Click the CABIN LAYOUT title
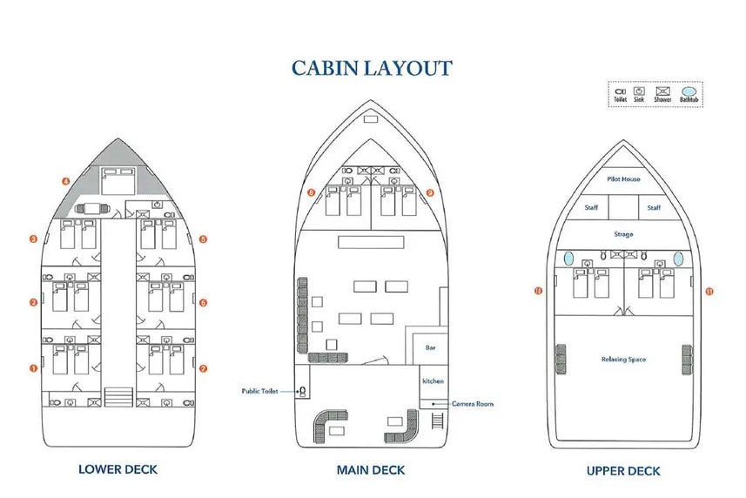tap(372, 68)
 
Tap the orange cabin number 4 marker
tap(65, 181)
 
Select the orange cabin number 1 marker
tap(33, 368)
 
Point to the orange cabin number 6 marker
tap(202, 303)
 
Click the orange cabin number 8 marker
tap(312, 192)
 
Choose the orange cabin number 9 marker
tap(430, 192)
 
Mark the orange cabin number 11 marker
tap(709, 292)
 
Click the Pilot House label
tap(623, 179)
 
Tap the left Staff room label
tap(591, 208)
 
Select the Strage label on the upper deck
tap(623, 234)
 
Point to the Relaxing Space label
tap(623, 360)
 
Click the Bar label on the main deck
tap(430, 347)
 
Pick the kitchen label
tap(433, 381)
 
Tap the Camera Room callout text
tap(472, 404)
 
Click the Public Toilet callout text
tap(259, 392)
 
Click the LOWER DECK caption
tap(118, 469)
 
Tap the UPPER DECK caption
tap(623, 470)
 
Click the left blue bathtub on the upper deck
tap(568, 259)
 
